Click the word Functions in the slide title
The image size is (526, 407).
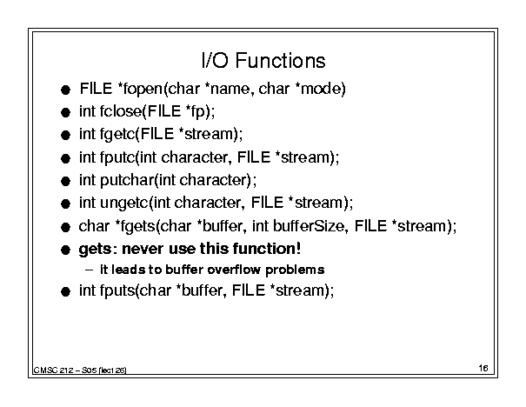coord(280,61)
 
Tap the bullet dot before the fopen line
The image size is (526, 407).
coord(66,90)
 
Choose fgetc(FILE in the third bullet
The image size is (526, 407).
coord(136,134)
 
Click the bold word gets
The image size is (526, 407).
coord(95,250)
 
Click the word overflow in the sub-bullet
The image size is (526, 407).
coord(234,270)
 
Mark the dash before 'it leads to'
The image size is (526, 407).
coord(89,270)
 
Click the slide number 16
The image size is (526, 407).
coord(483,368)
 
